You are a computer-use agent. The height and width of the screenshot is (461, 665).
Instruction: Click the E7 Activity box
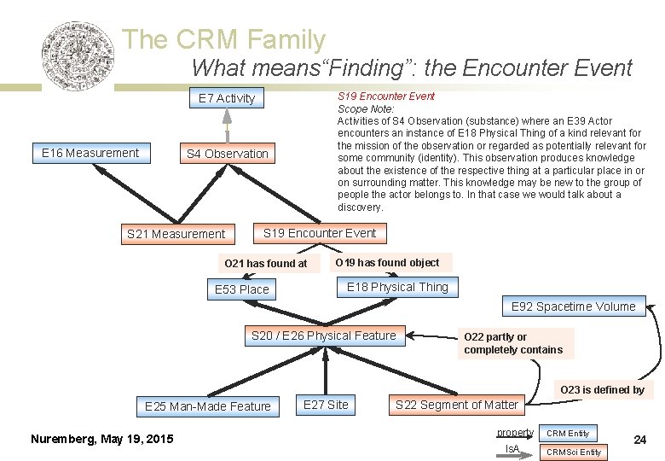point(227,98)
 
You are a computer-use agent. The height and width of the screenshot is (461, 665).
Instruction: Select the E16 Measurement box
point(90,153)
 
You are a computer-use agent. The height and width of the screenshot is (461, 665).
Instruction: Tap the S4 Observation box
point(228,154)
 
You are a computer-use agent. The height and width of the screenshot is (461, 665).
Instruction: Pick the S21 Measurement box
point(176,233)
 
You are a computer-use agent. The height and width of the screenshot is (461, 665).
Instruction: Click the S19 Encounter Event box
point(320,232)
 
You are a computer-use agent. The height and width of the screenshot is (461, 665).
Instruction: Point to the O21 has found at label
point(265,263)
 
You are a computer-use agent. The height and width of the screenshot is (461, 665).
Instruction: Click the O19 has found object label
point(388,262)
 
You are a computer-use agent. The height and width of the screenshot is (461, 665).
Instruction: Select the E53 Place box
point(242,289)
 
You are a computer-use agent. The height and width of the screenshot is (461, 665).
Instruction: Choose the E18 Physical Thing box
point(397,287)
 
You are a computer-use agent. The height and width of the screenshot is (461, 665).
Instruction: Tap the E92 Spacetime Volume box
point(574,306)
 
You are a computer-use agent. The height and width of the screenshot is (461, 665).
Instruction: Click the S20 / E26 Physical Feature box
point(324,336)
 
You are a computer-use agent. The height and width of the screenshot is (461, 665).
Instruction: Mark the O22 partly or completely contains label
point(513,343)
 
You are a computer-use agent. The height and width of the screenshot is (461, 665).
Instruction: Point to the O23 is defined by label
point(602,390)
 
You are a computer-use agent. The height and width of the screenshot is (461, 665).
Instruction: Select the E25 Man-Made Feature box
point(208,406)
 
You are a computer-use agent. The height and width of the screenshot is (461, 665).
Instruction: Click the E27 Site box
point(327,405)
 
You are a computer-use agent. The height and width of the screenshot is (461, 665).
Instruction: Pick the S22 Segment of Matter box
point(457,405)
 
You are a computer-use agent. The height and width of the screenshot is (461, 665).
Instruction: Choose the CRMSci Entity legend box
point(574,452)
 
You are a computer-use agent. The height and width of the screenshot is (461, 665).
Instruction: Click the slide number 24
point(640,441)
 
